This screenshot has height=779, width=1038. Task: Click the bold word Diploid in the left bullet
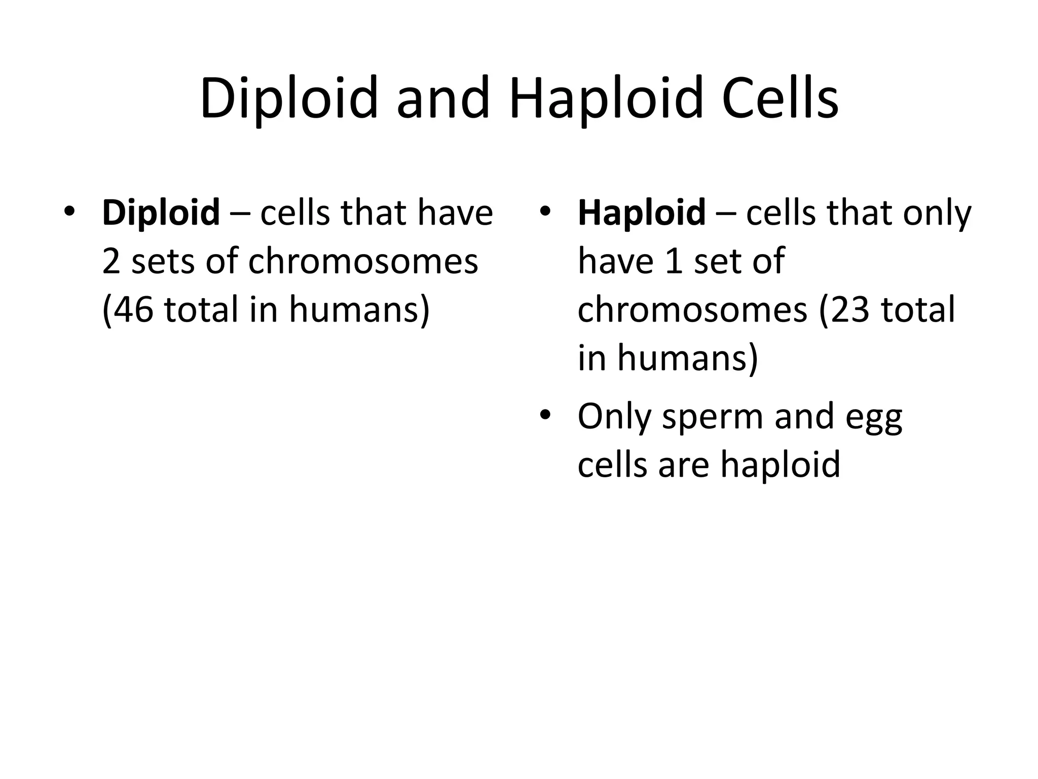point(161,213)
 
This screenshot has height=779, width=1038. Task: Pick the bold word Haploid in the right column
point(641,213)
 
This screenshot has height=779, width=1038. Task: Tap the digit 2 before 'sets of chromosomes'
point(111,262)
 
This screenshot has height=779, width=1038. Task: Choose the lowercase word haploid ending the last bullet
point(780,465)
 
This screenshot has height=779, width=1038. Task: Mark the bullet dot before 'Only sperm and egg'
point(544,415)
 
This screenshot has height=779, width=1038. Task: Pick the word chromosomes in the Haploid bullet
point(692,309)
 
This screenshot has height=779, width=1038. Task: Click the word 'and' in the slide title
point(443,98)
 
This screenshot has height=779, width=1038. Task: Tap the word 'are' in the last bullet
point(684,465)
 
